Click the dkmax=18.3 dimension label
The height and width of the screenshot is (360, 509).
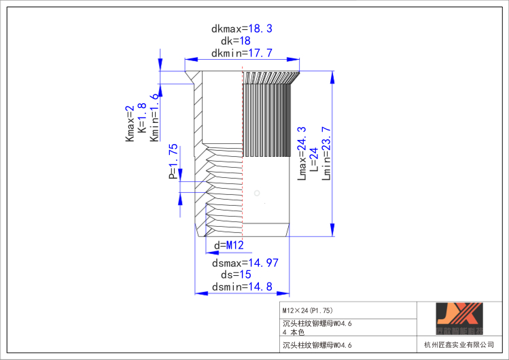pos(241,29)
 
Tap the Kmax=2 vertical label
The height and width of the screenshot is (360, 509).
pos(130,124)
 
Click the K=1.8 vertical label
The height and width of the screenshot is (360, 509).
pos(142,118)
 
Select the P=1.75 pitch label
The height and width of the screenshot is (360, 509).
pos(173,161)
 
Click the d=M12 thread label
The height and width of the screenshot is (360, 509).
pos(229,245)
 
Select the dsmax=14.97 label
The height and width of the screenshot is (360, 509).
pos(245,262)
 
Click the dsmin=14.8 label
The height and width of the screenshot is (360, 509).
pos(241,287)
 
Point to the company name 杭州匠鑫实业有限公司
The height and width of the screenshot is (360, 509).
pos(459,345)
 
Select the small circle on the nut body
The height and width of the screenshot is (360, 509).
pos(257,194)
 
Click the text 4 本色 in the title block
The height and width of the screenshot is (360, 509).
pos(294,332)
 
